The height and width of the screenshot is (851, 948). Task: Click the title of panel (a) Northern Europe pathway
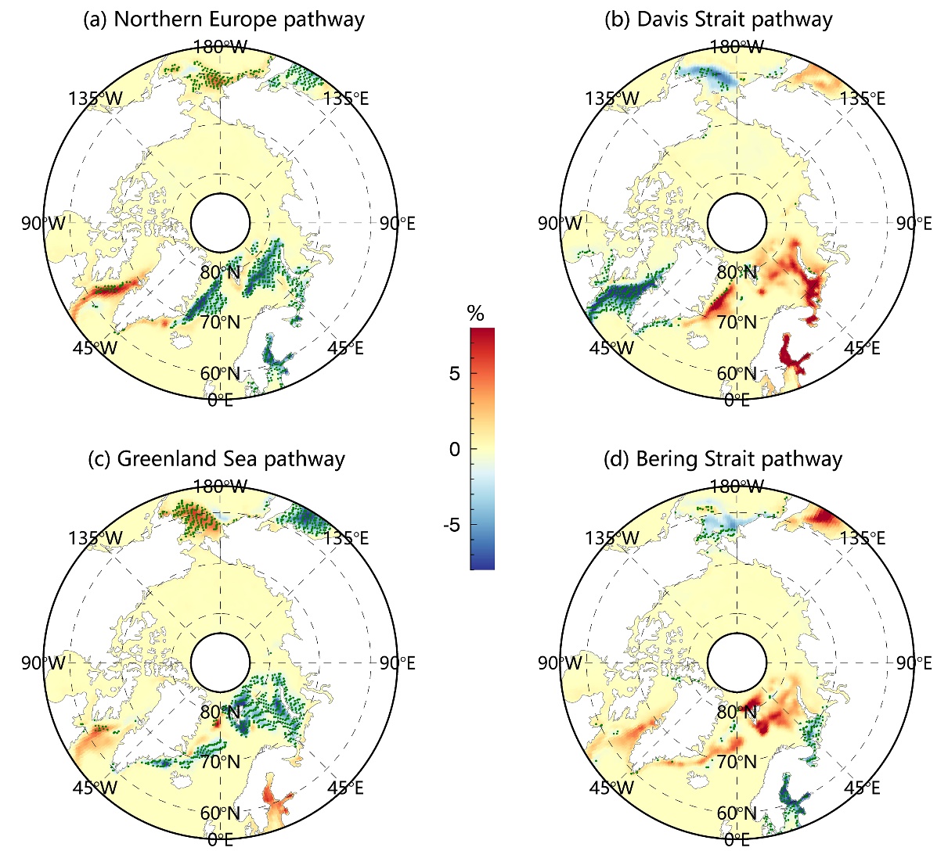click(223, 19)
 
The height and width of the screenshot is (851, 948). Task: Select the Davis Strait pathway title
click(719, 19)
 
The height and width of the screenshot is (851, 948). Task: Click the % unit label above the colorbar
click(475, 314)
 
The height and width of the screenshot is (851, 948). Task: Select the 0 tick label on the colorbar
click(454, 449)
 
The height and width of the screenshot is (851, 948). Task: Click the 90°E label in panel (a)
click(397, 224)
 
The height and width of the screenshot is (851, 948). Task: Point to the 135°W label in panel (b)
click(611, 99)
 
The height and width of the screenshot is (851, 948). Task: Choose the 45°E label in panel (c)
click(344, 787)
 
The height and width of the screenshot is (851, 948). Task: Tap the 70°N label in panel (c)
click(221, 761)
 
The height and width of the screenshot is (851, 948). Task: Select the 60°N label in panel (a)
click(220, 373)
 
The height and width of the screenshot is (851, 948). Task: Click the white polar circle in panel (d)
click(737, 662)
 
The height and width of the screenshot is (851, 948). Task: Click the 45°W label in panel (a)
click(97, 347)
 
